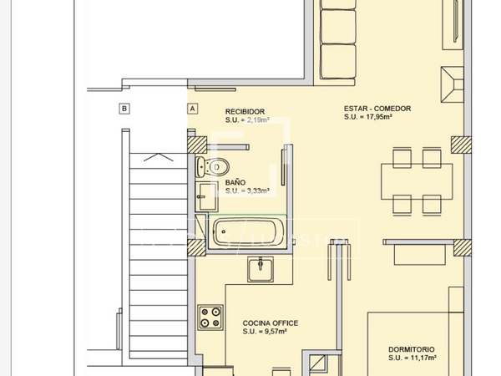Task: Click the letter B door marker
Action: point(124,109)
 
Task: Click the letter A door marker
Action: point(192,109)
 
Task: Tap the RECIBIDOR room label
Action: point(245,112)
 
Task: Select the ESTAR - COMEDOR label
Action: point(377,109)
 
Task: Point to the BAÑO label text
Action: point(235,182)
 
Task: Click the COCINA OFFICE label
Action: point(271,323)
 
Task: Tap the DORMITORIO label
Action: point(412,349)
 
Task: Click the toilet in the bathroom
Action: point(212,166)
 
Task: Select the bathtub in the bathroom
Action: point(248,231)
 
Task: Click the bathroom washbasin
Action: point(207,196)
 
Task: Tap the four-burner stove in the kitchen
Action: point(210,318)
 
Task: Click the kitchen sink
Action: point(261,269)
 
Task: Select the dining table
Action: point(417,181)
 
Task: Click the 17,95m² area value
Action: point(376,117)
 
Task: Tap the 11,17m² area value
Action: point(421,358)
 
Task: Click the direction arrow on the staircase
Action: point(159,157)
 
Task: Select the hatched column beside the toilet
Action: point(197,145)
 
